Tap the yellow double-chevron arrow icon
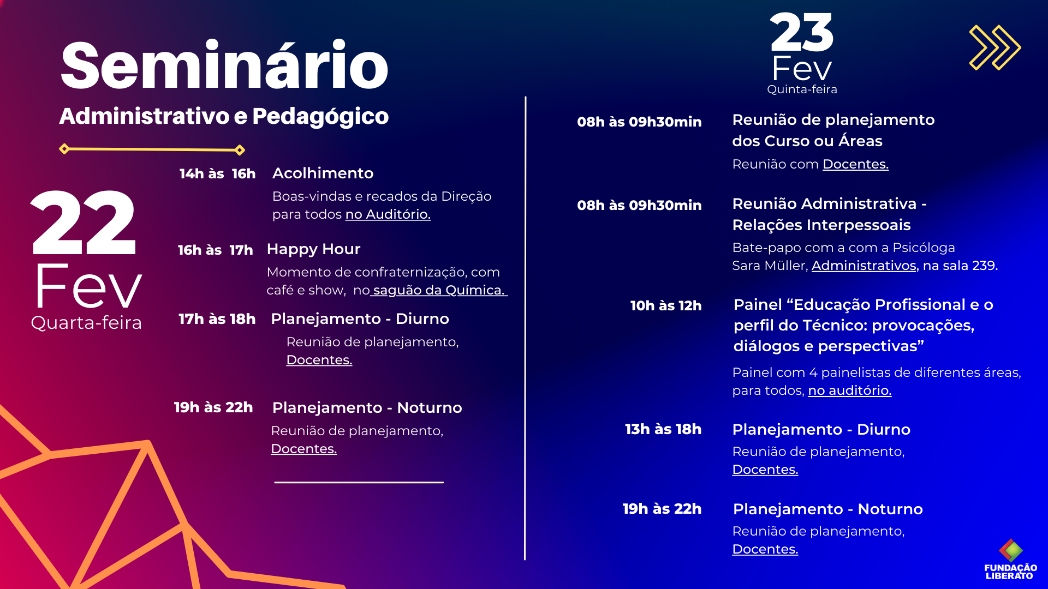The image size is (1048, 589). point(995,47)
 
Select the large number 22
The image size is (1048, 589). point(83,223)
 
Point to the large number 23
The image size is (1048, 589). point(801,32)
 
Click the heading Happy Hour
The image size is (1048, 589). point(313,249)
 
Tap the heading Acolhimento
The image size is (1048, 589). point(323,173)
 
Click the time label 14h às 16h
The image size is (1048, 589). point(217,174)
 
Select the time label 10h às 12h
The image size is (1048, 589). point(665,305)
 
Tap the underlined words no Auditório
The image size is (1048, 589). point(388,214)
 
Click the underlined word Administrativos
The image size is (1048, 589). point(864,266)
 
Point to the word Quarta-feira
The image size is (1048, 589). point(86,323)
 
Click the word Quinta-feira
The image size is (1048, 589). point(802,89)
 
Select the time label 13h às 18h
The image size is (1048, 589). point(663,429)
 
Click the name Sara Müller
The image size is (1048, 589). point(770,266)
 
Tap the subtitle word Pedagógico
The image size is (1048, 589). point(320,117)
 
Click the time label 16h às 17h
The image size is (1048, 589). point(215,250)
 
